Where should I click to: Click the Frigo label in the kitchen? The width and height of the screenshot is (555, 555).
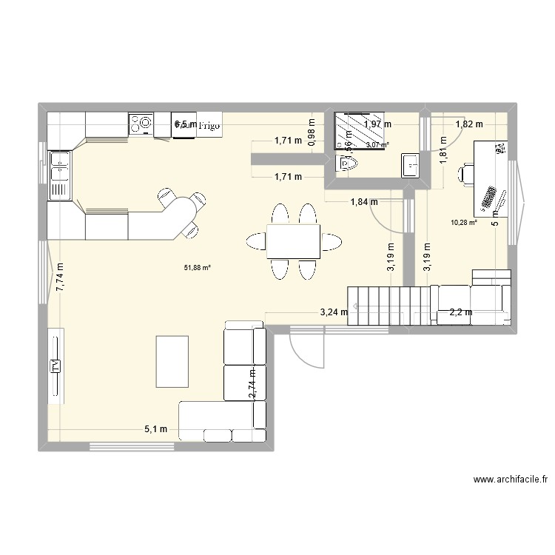[210, 126]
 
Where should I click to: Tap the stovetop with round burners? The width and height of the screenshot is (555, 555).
[141, 124]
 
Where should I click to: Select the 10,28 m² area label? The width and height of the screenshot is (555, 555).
[464, 221]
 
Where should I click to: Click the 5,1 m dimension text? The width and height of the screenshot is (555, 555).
[157, 429]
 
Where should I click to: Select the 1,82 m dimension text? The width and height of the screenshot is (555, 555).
[468, 124]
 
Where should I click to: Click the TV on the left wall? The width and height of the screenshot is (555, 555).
[55, 366]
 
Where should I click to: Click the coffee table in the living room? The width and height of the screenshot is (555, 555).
[172, 360]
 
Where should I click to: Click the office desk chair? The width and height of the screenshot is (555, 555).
[465, 174]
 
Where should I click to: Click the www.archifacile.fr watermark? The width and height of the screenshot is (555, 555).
[510, 480]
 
